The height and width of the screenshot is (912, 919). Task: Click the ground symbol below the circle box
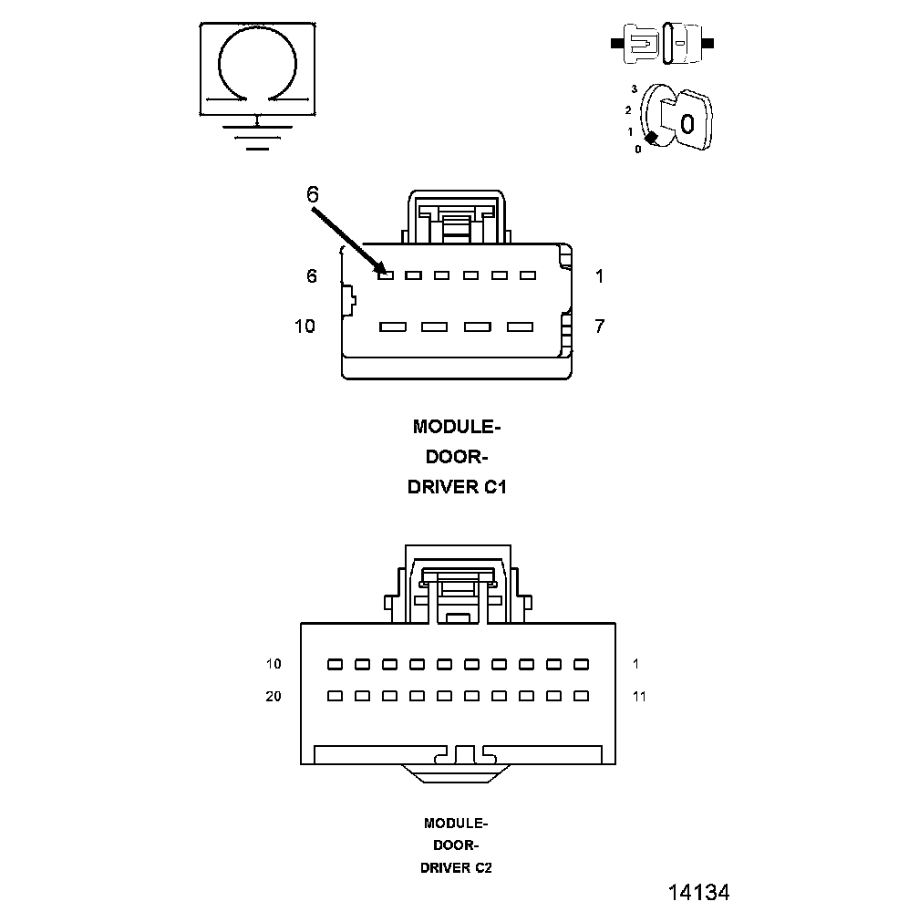tap(258, 135)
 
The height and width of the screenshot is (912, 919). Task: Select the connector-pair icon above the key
tap(664, 43)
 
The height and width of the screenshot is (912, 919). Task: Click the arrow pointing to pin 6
tap(346, 240)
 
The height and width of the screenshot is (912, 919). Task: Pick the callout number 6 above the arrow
tap(313, 194)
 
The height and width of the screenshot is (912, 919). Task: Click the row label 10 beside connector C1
tap(305, 326)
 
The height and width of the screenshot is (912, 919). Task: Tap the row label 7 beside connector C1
tap(599, 326)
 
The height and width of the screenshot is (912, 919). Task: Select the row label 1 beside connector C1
tap(599, 276)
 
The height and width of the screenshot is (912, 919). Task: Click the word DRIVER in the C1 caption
tap(443, 487)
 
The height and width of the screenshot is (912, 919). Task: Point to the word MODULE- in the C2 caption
tap(456, 823)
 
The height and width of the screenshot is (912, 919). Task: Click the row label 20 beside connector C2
tap(274, 697)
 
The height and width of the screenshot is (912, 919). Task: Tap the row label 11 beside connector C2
tap(639, 697)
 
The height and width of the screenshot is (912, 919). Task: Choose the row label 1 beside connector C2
tap(635, 664)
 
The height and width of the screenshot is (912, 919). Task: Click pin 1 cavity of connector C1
tap(527, 275)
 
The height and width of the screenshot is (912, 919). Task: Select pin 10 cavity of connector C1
tap(392, 326)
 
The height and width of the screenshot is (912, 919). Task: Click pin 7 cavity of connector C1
tap(519, 326)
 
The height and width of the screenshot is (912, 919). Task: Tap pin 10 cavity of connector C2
tap(335, 664)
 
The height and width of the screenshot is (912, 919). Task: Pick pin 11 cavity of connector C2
tap(581, 696)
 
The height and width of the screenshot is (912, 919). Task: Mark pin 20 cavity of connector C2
tap(335, 696)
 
